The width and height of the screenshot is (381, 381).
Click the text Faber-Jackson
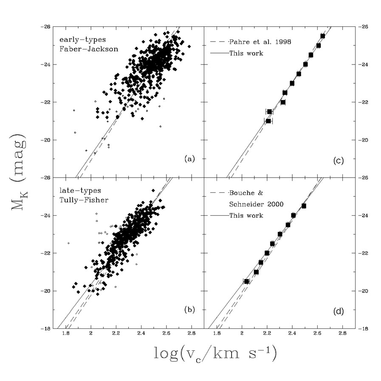coord(88,49)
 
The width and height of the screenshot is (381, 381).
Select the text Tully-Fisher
coord(87,200)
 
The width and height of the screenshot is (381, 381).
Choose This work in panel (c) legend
coord(246,54)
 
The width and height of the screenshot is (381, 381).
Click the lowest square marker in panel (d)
coord(246,281)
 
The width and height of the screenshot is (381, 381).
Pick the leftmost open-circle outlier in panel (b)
coord(68,243)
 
